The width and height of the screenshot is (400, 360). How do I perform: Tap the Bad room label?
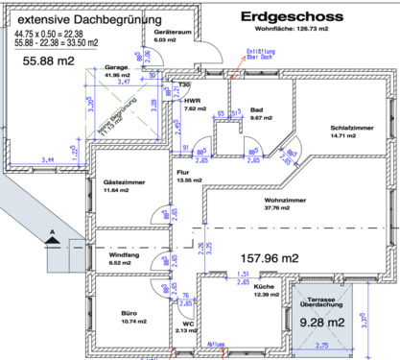pyautogui.click(x=256, y=110)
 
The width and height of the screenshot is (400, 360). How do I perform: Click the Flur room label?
pyautogui.click(x=185, y=173)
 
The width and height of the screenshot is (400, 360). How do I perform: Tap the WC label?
pyautogui.click(x=189, y=324)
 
